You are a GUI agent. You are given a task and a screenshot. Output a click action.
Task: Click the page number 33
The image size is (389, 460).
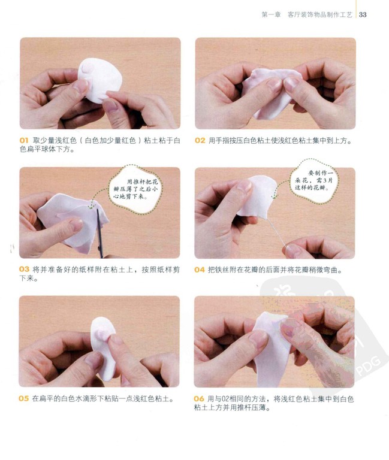pos(363,14)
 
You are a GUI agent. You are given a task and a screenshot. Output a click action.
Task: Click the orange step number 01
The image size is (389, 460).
pos(24,141)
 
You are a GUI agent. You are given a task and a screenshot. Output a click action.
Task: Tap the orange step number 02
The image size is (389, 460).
pos(200,141)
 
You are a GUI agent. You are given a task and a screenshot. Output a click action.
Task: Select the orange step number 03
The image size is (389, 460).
pos(24,270)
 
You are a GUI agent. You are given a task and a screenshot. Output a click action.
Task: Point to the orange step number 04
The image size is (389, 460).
pos(200,270)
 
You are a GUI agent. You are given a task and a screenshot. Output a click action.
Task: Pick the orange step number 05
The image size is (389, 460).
pos(24,398)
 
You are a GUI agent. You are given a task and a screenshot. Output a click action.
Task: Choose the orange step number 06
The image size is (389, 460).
pos(199,399)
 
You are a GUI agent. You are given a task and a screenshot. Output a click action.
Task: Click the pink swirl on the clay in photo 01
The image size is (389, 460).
pos(88,68)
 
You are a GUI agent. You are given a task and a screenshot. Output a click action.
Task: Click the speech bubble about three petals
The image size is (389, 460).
pos(313,181)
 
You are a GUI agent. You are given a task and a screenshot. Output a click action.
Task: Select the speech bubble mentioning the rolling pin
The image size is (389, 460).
pos(135,189)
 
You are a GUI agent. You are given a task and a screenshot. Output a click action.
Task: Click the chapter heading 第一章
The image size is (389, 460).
pos(271,14)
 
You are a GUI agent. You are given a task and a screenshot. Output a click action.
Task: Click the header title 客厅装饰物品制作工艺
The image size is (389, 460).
pos(319,14)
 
